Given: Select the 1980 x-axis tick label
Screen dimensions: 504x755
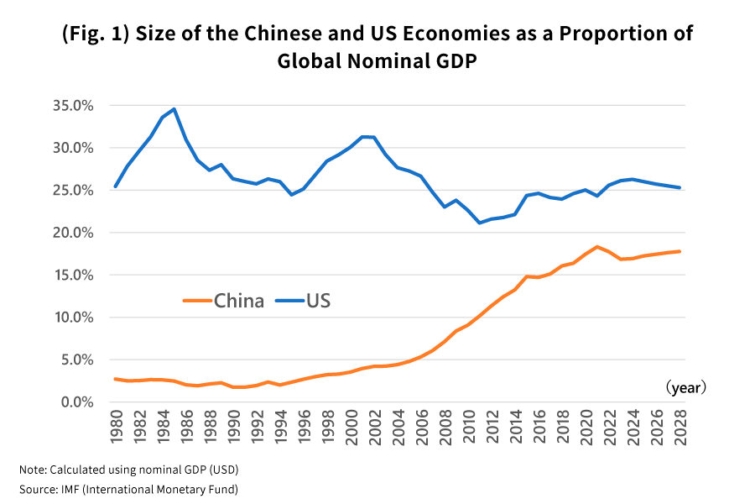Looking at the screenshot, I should pyautogui.click(x=116, y=423).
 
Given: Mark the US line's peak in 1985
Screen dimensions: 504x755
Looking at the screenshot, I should pyautogui.click(x=174, y=108).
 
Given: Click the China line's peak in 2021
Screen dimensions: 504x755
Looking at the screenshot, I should pyautogui.click(x=596, y=247).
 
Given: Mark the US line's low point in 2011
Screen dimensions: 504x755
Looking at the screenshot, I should pyautogui.click(x=479, y=223).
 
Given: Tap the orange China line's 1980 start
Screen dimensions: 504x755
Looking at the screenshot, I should pyautogui.click(x=116, y=379).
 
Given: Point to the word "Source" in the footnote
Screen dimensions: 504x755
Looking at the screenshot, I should pyautogui.click(x=36, y=489).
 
